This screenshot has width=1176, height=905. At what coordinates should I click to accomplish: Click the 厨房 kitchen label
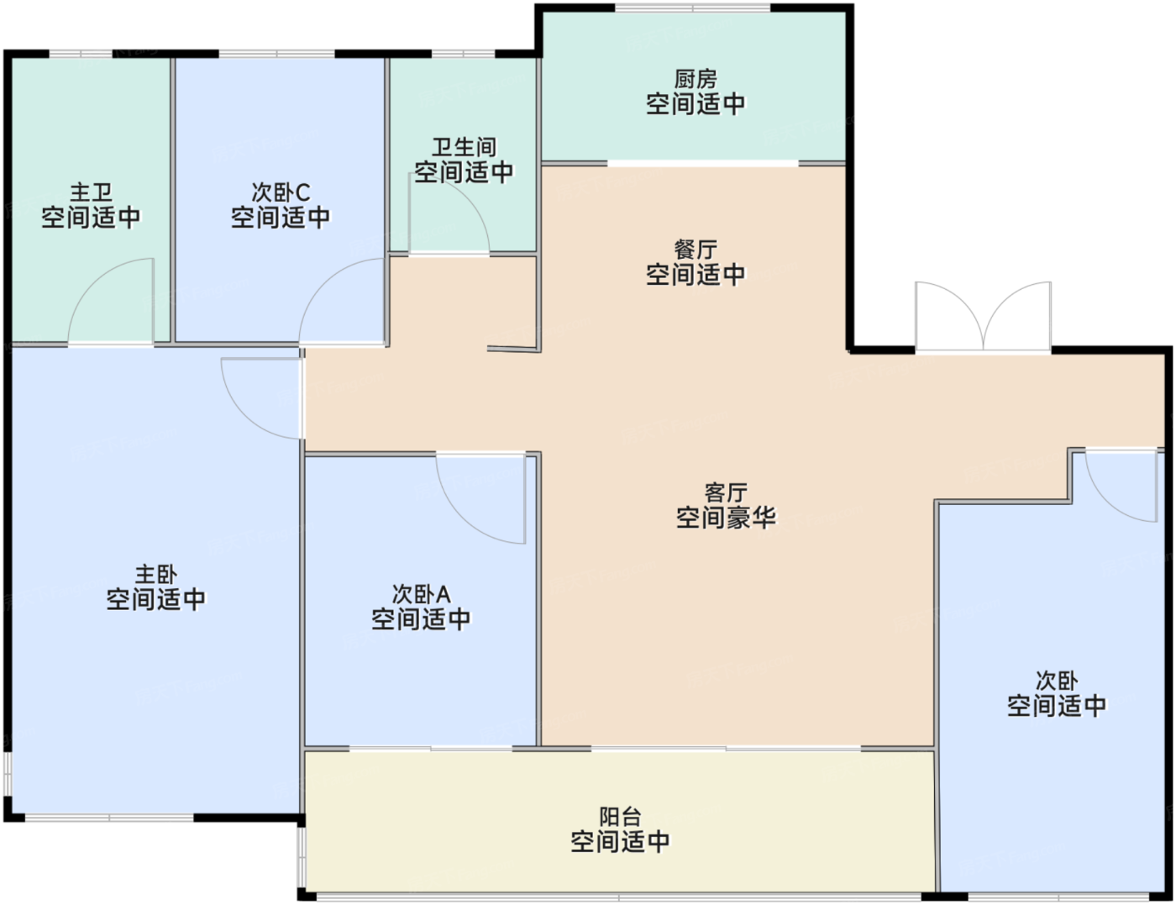pyautogui.click(x=696, y=80)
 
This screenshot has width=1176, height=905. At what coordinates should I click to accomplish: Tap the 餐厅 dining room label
pyautogui.click(x=696, y=250)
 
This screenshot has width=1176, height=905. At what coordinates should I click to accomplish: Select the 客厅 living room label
pyautogui.click(x=726, y=492)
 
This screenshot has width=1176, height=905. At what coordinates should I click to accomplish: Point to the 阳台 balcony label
pyautogui.click(x=620, y=816)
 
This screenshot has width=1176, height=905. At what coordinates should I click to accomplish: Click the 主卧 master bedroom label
pyautogui.click(x=156, y=574)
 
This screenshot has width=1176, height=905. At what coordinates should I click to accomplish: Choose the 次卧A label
pyautogui.click(x=421, y=594)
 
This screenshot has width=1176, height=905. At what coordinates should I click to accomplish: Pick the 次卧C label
pyautogui.click(x=281, y=192)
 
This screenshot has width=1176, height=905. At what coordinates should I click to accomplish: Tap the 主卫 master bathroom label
pyautogui.click(x=91, y=192)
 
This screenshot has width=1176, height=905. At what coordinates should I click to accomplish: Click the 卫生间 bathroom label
pyautogui.click(x=464, y=147)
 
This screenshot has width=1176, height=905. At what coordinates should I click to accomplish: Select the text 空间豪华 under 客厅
pyautogui.click(x=726, y=518)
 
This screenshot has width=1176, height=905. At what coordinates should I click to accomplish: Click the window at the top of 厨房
pyautogui.click(x=693, y=8)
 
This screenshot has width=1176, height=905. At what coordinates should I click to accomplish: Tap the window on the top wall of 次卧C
pyautogui.click(x=277, y=54)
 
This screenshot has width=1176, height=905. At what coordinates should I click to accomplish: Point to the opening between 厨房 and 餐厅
pyautogui.click(x=702, y=163)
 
